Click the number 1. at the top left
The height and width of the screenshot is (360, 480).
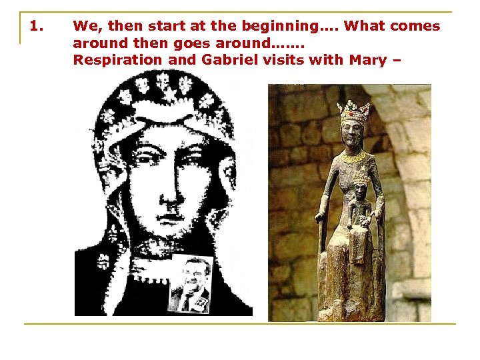tap(37, 27)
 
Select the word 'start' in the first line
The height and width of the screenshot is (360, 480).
tap(164, 27)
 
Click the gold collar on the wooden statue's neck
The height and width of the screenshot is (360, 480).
tap(354, 157)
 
